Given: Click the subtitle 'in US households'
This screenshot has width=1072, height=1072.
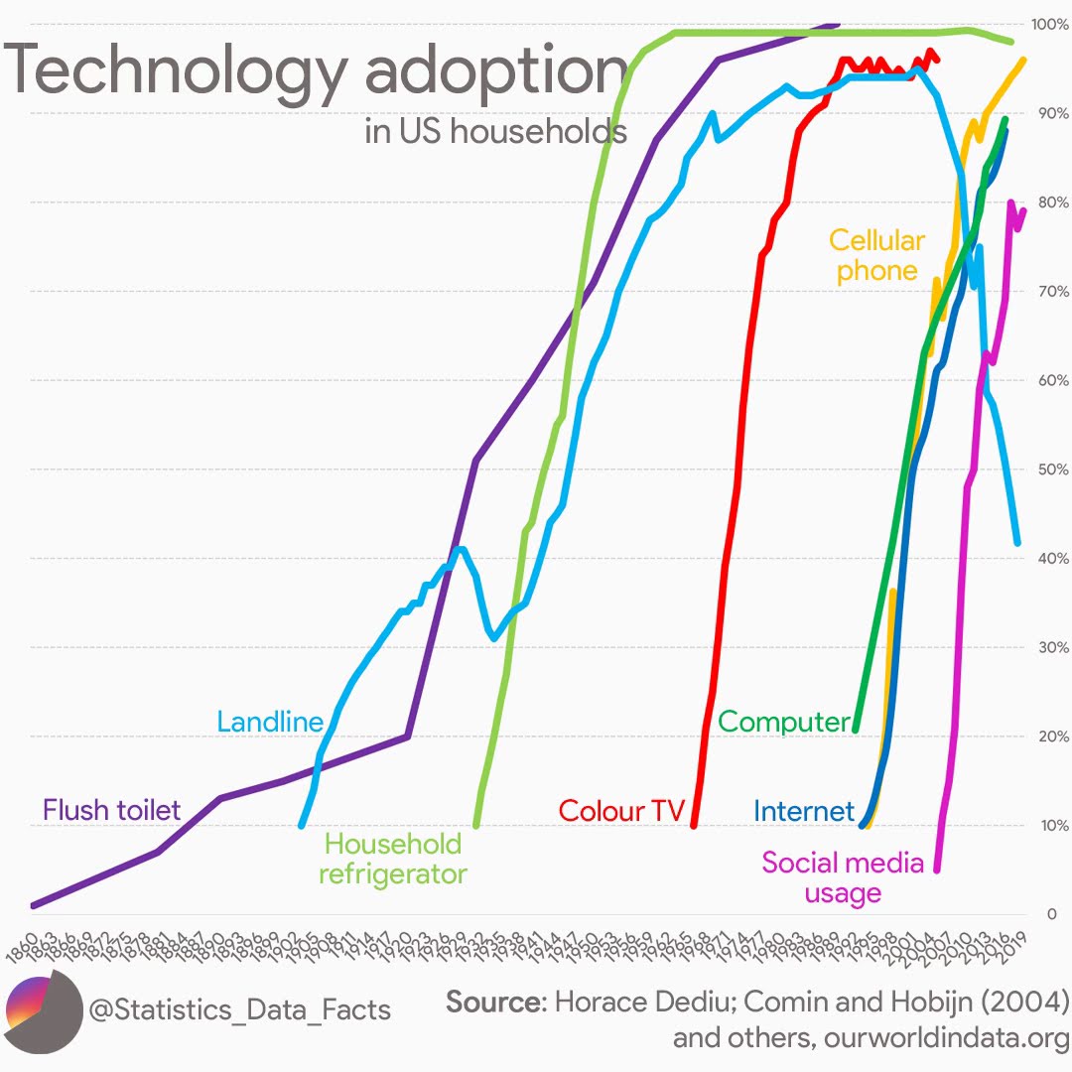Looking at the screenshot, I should (x=495, y=131).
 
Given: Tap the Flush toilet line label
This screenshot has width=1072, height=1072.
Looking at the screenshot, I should (x=111, y=810).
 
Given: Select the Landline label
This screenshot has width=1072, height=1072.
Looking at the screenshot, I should (x=270, y=722).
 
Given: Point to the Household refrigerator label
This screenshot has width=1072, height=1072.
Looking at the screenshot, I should (x=393, y=859).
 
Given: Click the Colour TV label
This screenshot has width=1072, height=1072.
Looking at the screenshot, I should (x=621, y=811).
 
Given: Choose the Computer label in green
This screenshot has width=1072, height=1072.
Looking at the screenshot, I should (x=784, y=722).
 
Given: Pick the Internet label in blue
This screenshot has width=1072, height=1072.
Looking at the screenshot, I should (x=803, y=811).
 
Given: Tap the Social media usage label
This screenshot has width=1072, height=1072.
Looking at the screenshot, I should (x=843, y=877).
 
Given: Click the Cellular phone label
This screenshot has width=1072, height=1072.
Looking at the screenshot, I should (x=876, y=255).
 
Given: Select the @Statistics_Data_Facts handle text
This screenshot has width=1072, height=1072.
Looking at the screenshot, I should (x=240, y=1010).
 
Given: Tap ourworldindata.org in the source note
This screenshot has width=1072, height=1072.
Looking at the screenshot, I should (x=946, y=1039).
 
